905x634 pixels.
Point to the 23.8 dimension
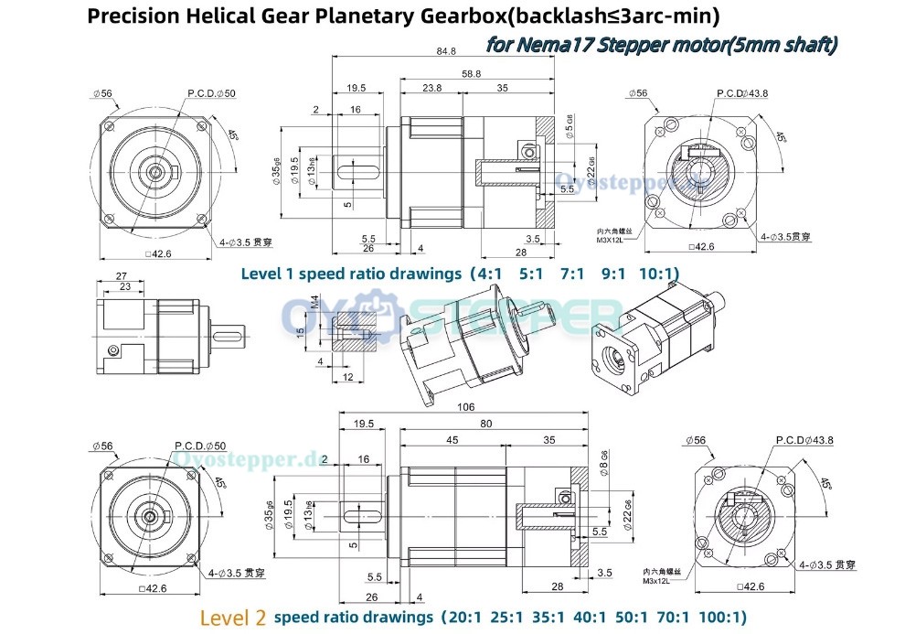(432, 88)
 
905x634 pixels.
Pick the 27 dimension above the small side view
(122, 275)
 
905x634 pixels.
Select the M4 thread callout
(314, 301)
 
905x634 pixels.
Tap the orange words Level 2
(233, 617)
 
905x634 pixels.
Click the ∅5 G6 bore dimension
(568, 128)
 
